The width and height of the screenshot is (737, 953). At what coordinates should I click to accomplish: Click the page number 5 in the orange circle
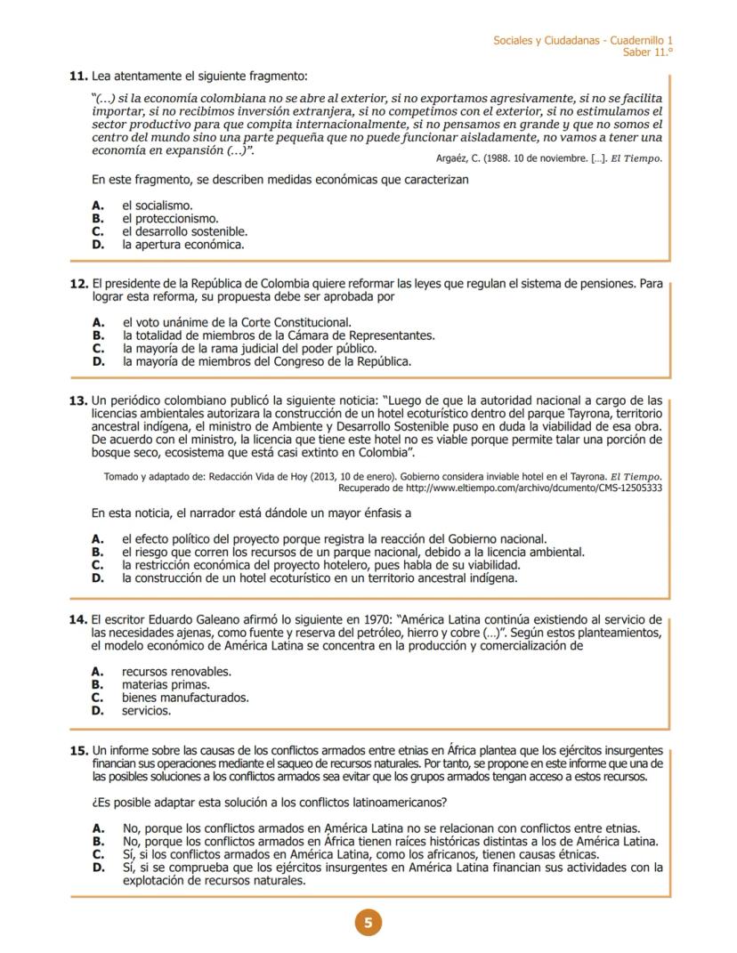[x=368, y=922]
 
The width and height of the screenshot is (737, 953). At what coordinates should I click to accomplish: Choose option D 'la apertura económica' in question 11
[x=182, y=243]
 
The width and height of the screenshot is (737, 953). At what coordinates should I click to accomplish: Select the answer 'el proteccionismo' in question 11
[x=170, y=218]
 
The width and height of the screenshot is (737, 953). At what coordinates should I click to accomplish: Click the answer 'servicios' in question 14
[x=147, y=711]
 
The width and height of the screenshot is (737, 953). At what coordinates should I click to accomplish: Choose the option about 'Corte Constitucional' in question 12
[x=236, y=322]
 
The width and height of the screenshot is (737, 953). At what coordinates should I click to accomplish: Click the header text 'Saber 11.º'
[x=648, y=53]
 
